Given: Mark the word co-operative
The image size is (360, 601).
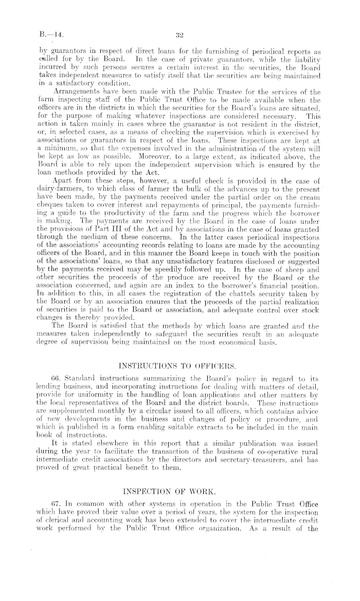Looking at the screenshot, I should [x=270, y=391].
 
